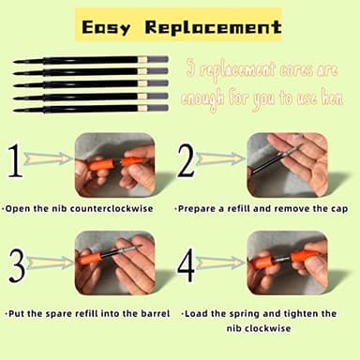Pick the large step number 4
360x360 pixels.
186,266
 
